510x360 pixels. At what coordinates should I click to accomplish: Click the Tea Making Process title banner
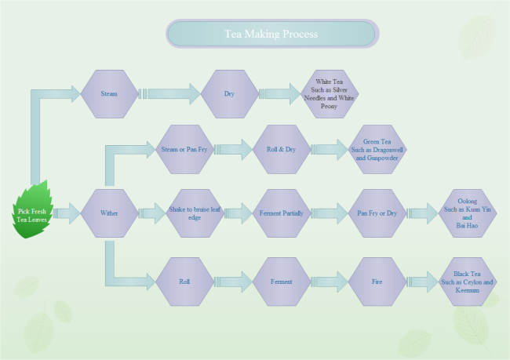pos(271,35)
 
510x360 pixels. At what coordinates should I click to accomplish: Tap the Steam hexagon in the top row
pos(109,94)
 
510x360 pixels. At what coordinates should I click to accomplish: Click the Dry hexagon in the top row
pos(229,94)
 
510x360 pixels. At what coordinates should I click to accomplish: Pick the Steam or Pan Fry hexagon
pos(184,149)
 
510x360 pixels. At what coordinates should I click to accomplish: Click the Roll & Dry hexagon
pos(281,149)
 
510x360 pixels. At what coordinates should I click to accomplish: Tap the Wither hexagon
pos(109,213)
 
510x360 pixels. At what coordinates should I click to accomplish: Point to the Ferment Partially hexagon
pos(281,213)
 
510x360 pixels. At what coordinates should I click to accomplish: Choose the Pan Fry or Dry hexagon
pos(377,213)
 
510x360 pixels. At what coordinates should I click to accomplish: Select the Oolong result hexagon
pos(468,213)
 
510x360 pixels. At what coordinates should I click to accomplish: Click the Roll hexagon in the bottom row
pos(184,281)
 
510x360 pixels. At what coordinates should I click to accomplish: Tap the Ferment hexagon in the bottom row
pos(281,281)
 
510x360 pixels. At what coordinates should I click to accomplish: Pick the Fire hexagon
pos(377,281)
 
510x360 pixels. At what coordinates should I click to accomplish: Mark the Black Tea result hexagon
pos(468,281)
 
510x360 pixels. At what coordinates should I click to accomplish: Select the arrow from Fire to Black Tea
pos(422,281)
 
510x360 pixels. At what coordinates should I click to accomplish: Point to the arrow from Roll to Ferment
pos(233,281)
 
